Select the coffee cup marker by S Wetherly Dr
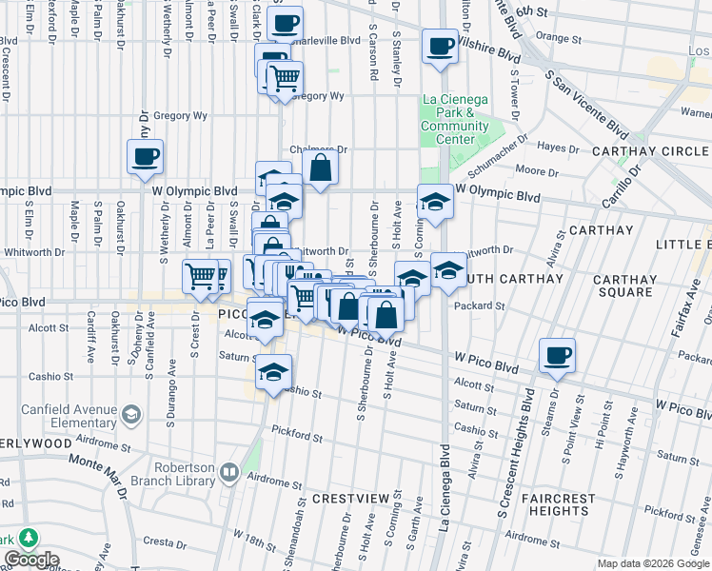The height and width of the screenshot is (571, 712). pyautogui.click(x=145, y=157)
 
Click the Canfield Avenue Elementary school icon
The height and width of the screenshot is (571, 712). pyautogui.click(x=130, y=415)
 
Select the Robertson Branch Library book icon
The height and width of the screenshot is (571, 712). pyautogui.click(x=228, y=472)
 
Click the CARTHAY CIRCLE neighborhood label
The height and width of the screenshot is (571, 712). pyautogui.click(x=650, y=152)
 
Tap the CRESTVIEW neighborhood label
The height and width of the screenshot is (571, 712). pyautogui.click(x=351, y=499)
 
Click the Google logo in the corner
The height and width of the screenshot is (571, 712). pyautogui.click(x=31, y=560)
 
